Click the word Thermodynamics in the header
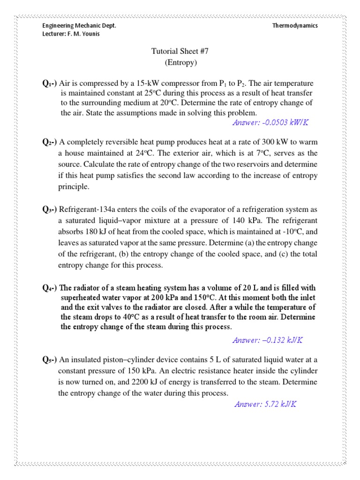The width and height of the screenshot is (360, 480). click(x=295, y=26)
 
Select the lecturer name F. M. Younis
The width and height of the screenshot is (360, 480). click(x=86, y=34)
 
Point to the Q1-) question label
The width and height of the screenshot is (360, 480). click(x=49, y=83)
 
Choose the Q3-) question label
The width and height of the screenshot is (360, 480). click(x=49, y=210)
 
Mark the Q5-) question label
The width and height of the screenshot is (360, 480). click(x=49, y=360)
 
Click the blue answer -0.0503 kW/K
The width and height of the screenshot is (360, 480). click(x=270, y=123)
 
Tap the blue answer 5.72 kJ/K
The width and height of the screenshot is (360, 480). click(x=265, y=404)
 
